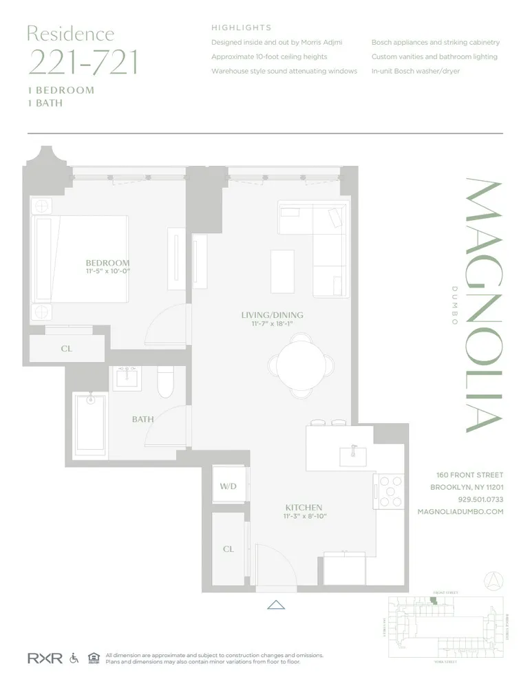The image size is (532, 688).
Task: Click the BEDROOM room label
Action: coord(107,263)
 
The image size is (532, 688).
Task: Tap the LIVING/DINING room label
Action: coord(272,315)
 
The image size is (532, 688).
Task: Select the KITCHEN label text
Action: coord(304,508)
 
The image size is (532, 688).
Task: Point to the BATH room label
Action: coord(142,419)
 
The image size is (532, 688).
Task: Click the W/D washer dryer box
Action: coord(228,486)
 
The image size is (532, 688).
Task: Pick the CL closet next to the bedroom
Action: coord(66,349)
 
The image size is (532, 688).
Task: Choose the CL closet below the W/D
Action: coord(228,550)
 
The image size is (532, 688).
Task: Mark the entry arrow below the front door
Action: coord(276,605)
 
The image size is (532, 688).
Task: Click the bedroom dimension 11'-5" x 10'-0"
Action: coord(107,272)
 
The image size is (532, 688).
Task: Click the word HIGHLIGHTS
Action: coord(241,28)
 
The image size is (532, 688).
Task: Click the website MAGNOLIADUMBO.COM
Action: coord(460,512)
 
